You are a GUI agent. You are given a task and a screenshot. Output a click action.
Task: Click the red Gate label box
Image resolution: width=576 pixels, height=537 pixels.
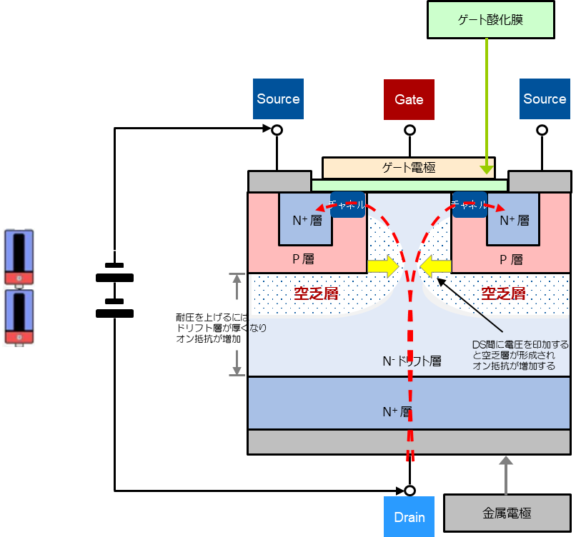coord(409,99)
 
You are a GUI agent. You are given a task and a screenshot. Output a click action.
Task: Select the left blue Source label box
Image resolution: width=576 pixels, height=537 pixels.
coord(278,99)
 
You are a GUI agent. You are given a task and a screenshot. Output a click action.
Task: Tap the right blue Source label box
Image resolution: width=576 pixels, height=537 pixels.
coord(545,99)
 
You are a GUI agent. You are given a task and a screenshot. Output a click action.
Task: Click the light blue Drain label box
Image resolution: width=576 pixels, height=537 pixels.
coord(409,517)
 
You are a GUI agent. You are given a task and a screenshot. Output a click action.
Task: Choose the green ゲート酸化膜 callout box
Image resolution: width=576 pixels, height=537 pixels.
coord(490,19)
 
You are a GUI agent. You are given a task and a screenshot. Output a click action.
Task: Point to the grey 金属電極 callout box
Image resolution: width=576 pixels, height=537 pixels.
coord(507,513)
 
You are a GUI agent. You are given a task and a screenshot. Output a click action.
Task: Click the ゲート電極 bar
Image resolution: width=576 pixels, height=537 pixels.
coord(408,168)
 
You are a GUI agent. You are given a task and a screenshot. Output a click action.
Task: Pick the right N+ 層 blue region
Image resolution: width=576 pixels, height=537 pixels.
coord(512,220)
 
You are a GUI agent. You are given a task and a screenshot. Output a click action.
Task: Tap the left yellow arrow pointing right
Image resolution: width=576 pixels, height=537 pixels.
coord(383,266)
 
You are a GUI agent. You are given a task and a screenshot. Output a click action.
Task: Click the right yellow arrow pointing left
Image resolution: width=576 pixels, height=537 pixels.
coord(435,266)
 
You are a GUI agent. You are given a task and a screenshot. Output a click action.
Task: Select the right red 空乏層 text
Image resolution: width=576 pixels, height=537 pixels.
coord(503,293)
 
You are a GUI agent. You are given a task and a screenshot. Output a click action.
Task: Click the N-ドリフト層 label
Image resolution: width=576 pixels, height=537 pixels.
coord(412,361)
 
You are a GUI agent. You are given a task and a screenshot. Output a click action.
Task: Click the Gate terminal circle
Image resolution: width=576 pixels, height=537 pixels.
coord(409,130)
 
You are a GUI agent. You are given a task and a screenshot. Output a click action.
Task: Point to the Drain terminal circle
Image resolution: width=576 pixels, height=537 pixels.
coord(409,491)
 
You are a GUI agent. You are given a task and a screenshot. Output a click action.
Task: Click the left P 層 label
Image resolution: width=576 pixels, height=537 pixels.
coord(303,259)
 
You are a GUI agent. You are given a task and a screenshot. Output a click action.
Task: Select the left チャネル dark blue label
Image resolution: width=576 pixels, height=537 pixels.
coord(347,204)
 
